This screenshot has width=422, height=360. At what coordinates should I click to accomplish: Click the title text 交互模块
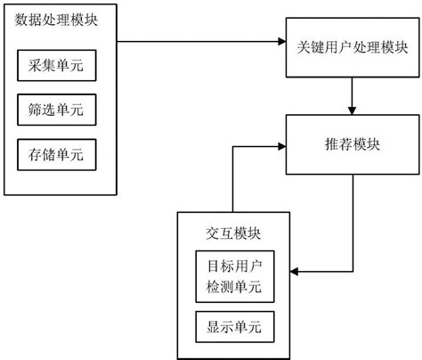[235, 233]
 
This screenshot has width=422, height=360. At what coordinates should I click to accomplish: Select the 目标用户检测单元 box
[235, 276]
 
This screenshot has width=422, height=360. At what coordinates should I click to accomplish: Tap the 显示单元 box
[235, 326]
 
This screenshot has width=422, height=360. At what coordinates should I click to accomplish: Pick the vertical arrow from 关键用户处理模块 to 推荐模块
[353, 94]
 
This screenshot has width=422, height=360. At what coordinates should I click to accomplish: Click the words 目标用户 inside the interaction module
[235, 266]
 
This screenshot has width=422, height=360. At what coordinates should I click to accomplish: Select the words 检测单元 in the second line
[235, 287]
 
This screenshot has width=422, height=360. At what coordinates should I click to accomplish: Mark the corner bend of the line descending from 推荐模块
[353, 272]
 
